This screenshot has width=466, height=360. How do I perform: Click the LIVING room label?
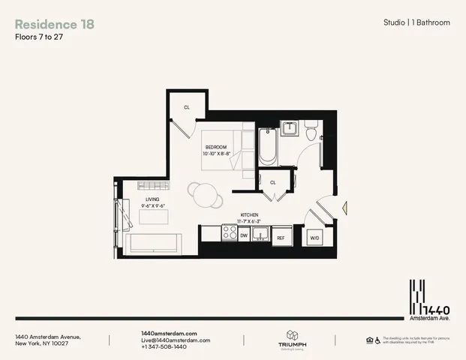tap(152, 199)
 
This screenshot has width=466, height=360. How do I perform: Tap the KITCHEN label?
tap(249, 214)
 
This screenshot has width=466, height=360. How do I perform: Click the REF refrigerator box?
tap(281, 237)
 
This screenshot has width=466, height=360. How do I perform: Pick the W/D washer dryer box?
tap(314, 237)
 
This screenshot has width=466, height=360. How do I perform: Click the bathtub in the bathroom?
tap(267, 148)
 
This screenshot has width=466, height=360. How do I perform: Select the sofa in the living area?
tap(152, 244)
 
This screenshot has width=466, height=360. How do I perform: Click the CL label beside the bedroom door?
tap(187, 107)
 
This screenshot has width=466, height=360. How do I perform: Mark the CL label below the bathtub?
tap(273, 181)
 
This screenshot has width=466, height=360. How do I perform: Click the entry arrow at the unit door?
tap(344, 209)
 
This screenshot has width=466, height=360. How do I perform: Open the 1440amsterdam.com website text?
tap(169, 333)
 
